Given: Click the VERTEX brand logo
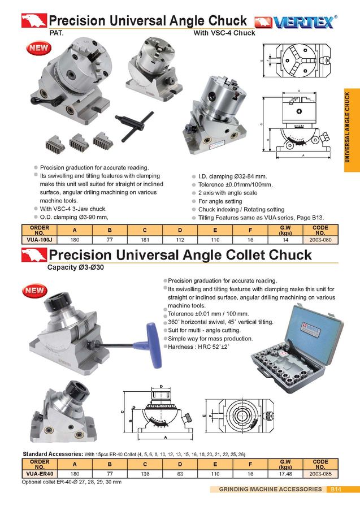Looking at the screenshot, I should point(294,23).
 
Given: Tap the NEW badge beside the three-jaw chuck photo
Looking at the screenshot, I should point(38,49).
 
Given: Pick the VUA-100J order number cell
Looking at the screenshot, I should point(39,240).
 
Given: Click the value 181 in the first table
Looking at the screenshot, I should point(145,240).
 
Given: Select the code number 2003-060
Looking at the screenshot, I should point(320,240).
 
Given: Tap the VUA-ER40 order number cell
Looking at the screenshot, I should point(39,474).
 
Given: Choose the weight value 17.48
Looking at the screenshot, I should point(285,474).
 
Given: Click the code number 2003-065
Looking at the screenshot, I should point(320,474).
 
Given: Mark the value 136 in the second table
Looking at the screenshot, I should point(145,474).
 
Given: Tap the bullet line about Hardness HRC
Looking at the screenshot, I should point(198,347).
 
